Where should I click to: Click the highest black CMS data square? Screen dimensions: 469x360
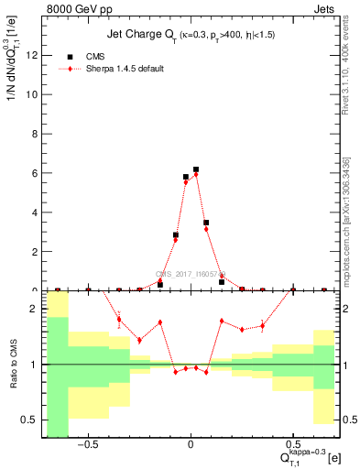pos(196,169)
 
